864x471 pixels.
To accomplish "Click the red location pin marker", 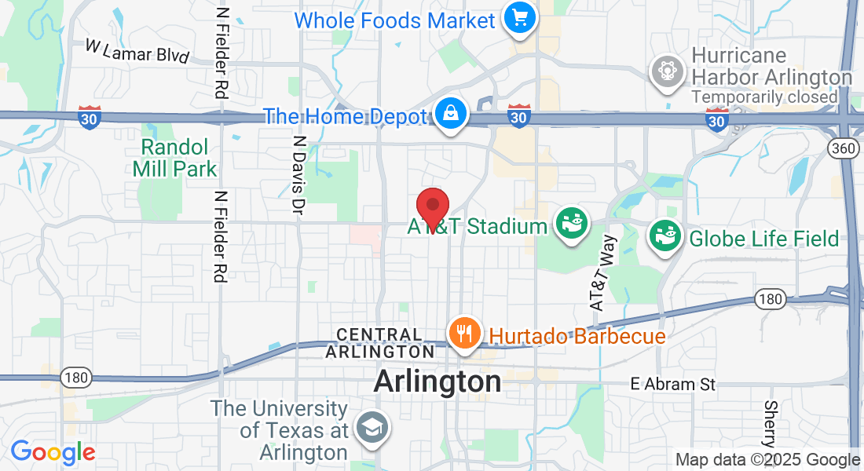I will [x=432, y=208].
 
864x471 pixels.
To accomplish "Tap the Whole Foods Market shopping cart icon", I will [x=519, y=17].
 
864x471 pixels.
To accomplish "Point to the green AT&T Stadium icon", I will [x=572, y=225].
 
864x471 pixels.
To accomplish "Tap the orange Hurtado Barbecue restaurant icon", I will [x=465, y=334].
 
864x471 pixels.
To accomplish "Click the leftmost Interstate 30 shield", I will [x=90, y=119].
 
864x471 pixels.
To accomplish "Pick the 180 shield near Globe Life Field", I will [x=770, y=299].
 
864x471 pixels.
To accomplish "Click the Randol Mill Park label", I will [x=174, y=157].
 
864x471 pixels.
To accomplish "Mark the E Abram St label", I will [x=674, y=385].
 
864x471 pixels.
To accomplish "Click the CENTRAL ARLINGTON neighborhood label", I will [x=385, y=343].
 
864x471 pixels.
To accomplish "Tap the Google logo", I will [x=53, y=452].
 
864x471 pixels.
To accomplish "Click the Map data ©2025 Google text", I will [x=767, y=460].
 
